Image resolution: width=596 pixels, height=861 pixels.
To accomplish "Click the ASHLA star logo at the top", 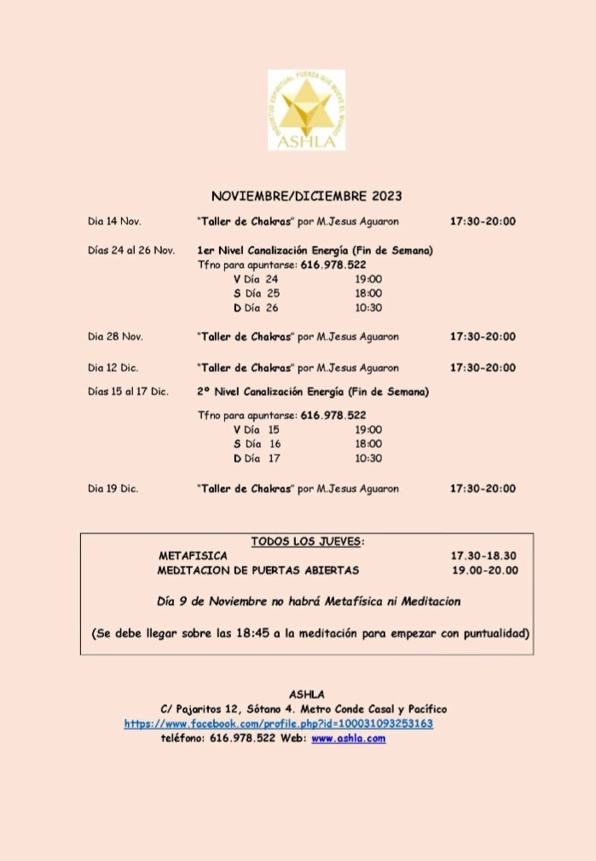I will coord(306,110).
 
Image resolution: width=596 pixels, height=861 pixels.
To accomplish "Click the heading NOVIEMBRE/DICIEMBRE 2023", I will coord(306,196).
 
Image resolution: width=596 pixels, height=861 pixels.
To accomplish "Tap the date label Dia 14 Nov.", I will coord(114,222).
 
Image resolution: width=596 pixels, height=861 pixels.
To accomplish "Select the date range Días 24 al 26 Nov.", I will coord(131,250).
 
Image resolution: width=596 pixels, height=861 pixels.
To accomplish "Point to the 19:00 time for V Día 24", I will coord(368,279).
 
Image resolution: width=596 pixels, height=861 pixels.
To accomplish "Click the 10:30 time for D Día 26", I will coord(368,308).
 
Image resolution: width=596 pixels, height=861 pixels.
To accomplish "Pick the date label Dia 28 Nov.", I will coord(114,337).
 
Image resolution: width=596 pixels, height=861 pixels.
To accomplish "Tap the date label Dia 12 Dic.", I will coord(113,368).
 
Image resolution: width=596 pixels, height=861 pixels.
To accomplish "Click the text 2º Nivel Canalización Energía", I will coord(312,393).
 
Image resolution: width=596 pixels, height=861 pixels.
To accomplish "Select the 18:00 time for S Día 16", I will coord(368,444).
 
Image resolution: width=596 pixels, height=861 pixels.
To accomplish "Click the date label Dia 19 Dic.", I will coord(113,489).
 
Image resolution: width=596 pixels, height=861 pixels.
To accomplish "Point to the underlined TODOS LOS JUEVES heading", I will coord(307,541).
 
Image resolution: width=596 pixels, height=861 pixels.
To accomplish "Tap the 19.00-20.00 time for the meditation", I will coord(484,570).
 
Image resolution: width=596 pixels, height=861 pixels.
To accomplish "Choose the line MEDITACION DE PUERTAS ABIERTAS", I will coord(258,570).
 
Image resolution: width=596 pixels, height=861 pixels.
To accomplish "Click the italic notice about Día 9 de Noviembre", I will coord(309,602).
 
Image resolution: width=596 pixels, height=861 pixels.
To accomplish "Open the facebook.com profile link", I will coord(279,724).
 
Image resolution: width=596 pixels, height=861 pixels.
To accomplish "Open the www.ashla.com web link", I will coord(348,738).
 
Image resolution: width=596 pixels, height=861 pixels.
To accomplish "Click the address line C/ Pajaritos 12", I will coord(304,709).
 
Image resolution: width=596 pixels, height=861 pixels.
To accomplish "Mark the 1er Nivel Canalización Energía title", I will coord(315,250).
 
